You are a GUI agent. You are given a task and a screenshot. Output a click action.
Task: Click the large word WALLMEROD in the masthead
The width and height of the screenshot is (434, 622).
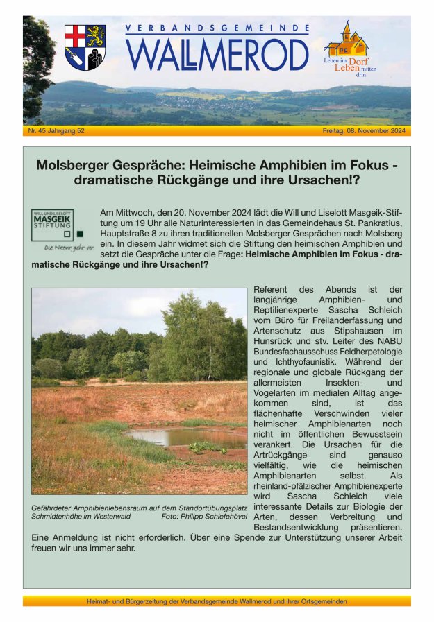coord(217,54)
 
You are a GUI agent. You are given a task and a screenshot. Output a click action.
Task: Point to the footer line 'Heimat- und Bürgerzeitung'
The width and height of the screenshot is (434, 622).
coord(217,602)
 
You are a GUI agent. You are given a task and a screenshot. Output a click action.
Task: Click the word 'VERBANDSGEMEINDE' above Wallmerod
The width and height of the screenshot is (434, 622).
coord(217,28)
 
